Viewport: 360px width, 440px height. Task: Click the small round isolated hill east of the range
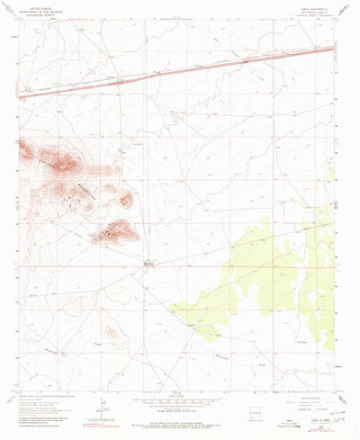pyautogui.click(x=126, y=198)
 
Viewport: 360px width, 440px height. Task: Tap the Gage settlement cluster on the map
pyautogui.click(x=150, y=263)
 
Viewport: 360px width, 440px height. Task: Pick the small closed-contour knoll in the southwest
pyautogui.click(x=110, y=332)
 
